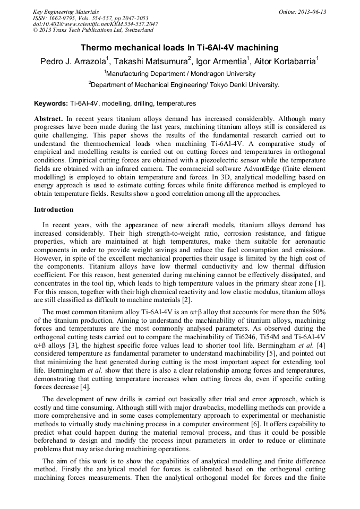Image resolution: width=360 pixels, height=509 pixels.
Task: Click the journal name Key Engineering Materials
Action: (x=65, y=11)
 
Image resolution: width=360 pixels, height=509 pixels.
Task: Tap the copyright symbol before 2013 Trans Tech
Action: (x=35, y=30)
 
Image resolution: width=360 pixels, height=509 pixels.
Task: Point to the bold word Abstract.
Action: (x=48, y=119)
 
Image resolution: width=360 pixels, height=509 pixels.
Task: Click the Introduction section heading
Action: (x=54, y=210)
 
